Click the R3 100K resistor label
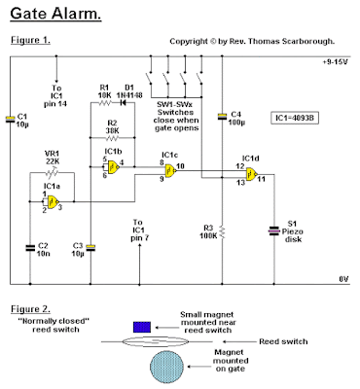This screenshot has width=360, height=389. pyautogui.click(x=205, y=230)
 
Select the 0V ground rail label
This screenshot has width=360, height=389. pyautogui.click(x=342, y=278)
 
